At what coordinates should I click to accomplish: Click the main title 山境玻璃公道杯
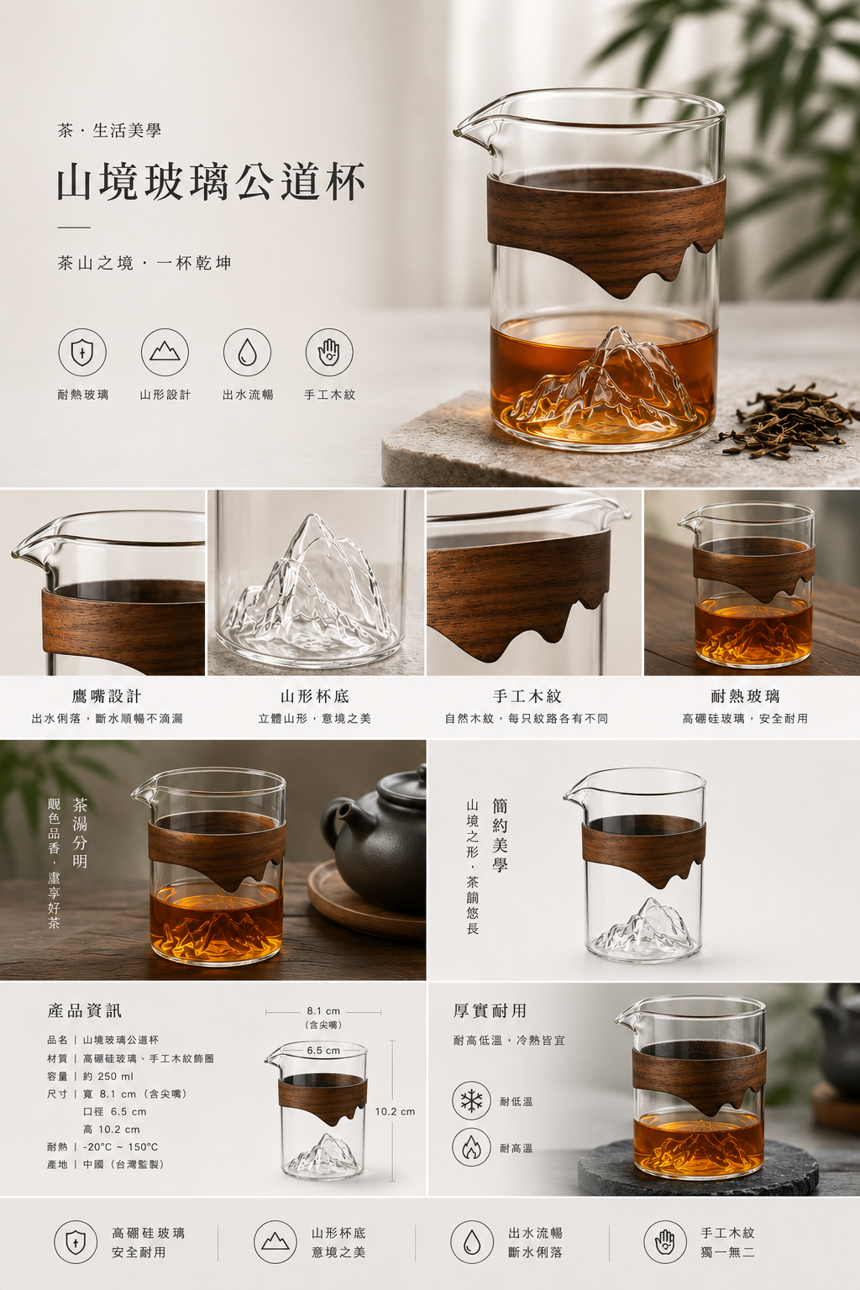[211, 182]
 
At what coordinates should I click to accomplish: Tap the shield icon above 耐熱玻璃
[82, 353]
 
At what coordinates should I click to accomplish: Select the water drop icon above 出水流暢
[247, 353]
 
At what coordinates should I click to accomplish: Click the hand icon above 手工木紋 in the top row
[329, 353]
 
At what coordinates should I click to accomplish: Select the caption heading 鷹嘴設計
[107, 696]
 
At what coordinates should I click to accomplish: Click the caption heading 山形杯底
[314, 696]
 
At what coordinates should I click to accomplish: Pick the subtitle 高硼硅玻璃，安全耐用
[746, 718]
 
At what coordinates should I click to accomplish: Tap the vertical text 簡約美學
[500, 835]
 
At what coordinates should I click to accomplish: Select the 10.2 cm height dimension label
[396, 1111]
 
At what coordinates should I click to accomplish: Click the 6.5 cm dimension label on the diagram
[323, 1051]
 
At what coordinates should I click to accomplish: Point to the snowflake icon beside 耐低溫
[471, 1101]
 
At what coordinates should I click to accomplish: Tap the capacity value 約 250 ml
[108, 1077]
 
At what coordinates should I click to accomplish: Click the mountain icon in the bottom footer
[275, 1243]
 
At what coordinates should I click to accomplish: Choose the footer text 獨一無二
[727, 1252]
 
